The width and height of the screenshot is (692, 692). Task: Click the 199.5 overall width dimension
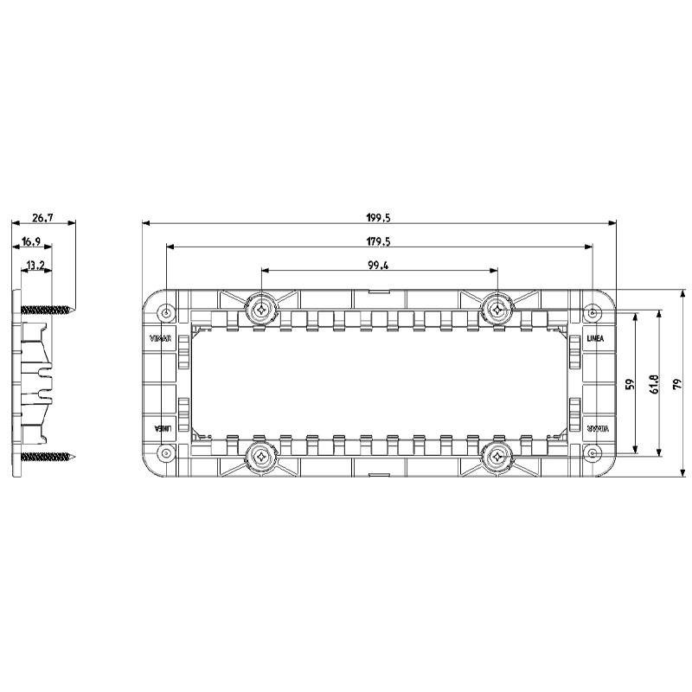(378, 219)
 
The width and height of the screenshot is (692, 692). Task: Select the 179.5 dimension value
(378, 241)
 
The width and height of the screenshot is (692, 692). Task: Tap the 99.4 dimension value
(378, 266)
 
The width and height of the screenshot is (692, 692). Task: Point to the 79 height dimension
(677, 383)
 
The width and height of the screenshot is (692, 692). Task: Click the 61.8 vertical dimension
(655, 383)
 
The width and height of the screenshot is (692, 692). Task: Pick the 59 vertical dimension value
(631, 383)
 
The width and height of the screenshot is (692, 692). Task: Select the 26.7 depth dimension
(42, 219)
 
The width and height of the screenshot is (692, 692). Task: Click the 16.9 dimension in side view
(31, 242)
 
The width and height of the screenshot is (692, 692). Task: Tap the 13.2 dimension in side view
(35, 265)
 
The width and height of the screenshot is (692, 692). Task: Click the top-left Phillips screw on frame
(261, 307)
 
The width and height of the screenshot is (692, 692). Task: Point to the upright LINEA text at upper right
(595, 338)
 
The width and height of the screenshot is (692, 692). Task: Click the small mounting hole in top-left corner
(167, 311)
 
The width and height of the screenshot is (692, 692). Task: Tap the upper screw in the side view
(47, 308)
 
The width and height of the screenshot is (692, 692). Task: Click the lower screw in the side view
(47, 456)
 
